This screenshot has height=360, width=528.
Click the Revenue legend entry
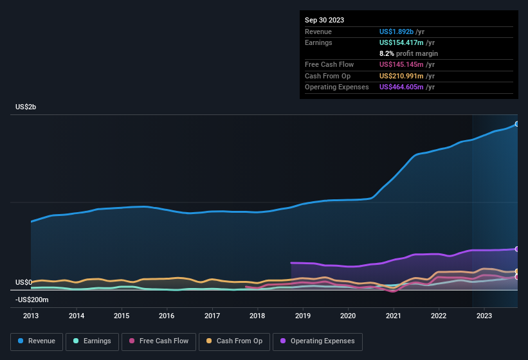point(37,341)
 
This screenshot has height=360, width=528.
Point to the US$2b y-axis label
point(26,107)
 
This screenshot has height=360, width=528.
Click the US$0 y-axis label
point(24,283)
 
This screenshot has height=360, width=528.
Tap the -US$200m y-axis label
point(32,300)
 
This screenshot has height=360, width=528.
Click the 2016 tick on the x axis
point(167,316)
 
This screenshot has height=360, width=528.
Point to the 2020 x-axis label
point(348,316)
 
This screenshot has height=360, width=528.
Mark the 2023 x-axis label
point(484,316)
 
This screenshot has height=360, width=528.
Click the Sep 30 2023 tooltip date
point(325,20)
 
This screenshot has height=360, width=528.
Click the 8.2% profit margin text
point(409,53)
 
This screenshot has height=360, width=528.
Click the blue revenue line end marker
point(516,124)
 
